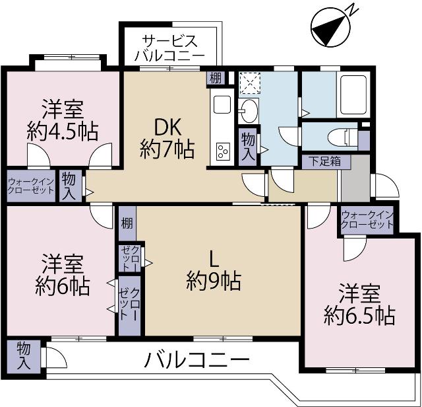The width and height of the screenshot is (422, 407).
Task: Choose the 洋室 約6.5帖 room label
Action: point(359,305)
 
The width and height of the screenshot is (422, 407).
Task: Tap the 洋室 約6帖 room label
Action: point(63,274)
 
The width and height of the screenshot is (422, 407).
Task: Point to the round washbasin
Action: point(249,108)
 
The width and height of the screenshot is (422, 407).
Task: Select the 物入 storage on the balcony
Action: point(23,355)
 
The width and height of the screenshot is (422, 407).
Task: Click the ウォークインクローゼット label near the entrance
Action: point(367,219)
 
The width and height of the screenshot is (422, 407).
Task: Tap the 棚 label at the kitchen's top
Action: point(215,77)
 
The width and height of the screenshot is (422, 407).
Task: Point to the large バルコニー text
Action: point(197,361)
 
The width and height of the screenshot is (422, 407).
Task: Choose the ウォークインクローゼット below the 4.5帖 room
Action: point(31,185)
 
